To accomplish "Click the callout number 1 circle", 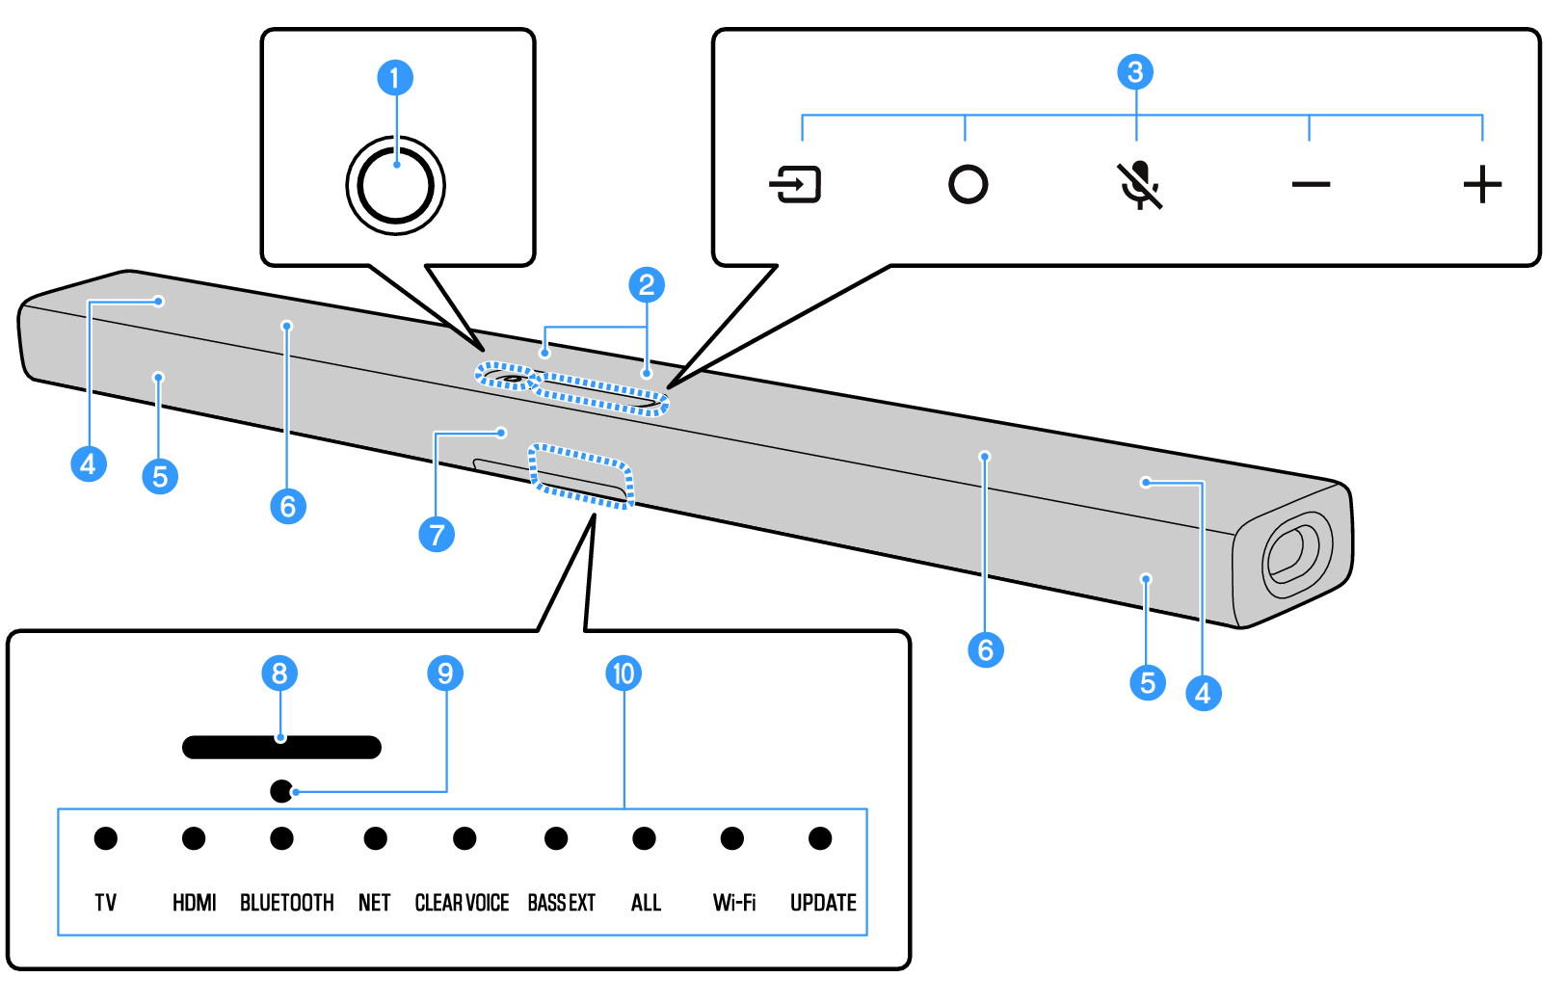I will (395, 78).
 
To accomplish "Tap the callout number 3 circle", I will (1135, 72).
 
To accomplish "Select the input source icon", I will (795, 184).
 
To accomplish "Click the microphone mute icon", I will (1140, 184).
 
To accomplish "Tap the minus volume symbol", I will (1311, 184).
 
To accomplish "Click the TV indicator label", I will (106, 903).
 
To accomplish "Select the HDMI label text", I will (195, 903).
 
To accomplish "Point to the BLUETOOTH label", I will (287, 903).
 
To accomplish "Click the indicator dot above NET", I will (376, 838).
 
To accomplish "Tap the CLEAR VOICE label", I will (462, 903).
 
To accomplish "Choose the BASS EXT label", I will (562, 903).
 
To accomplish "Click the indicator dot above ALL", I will (645, 838).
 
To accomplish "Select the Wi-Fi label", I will (734, 903).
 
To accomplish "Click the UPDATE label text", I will (823, 903).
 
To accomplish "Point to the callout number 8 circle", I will (279, 674).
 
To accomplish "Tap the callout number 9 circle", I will (445, 674).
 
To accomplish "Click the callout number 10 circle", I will (624, 674).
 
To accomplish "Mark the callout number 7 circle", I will (437, 534).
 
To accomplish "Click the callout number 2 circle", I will (647, 284).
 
